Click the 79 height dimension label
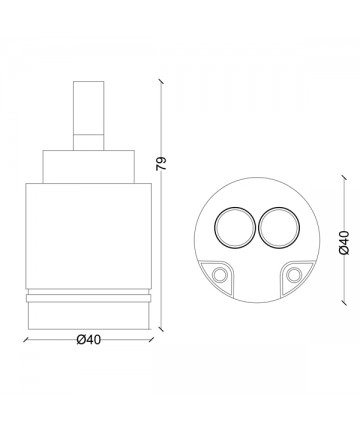[161, 163]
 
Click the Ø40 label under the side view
[89, 340]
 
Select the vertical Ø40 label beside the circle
[344, 243]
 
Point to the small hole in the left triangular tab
[219, 275]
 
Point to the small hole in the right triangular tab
[294, 275]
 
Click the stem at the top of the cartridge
[88, 115]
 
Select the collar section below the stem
[88, 167]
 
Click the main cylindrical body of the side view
[88, 236]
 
